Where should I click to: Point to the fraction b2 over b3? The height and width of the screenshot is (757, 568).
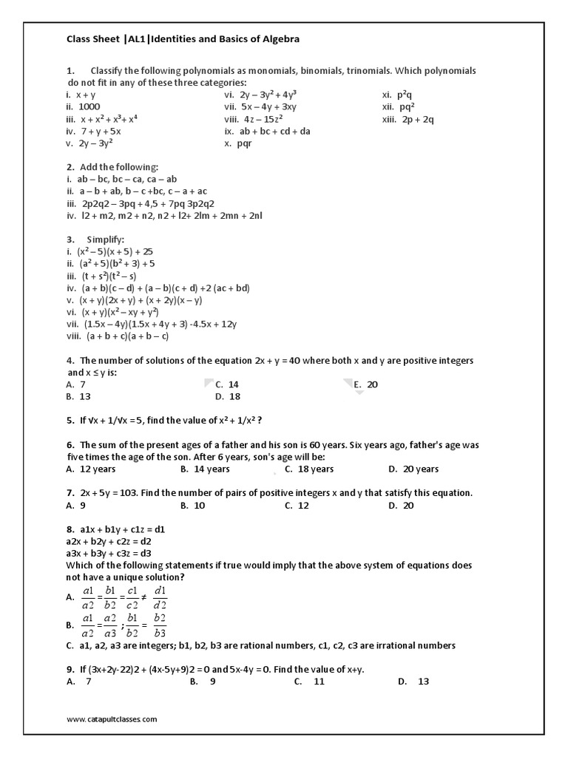click(x=158, y=625)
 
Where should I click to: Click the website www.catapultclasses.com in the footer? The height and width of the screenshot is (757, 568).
click(x=112, y=719)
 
